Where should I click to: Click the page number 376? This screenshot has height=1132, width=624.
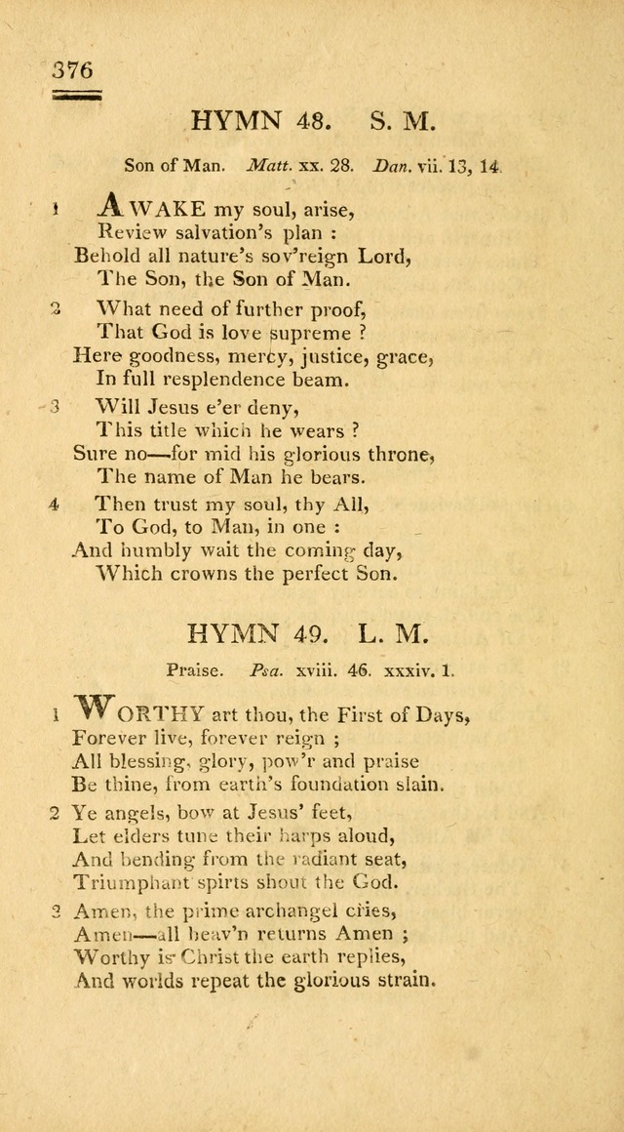click(72, 70)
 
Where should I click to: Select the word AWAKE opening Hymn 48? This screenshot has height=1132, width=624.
click(152, 207)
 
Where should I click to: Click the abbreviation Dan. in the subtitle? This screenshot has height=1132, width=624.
click(394, 166)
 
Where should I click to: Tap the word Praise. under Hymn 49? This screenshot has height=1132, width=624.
click(190, 671)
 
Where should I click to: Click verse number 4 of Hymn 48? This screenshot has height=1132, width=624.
click(56, 505)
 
